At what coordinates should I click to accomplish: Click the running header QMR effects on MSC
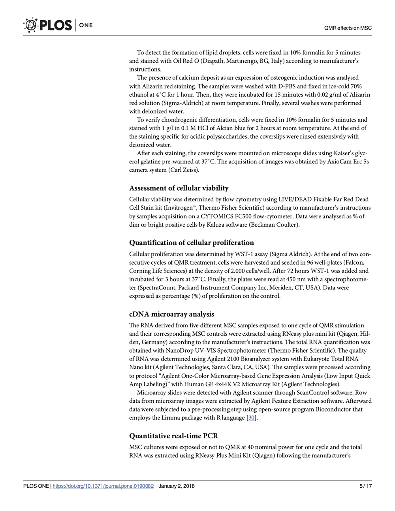[348, 28]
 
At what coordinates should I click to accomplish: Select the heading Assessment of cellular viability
[179, 188]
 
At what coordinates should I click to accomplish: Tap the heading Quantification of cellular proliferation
[192, 242]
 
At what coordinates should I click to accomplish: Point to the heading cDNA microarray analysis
[172, 314]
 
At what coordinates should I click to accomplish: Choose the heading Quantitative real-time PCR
[173, 436]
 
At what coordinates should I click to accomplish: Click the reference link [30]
[251, 418]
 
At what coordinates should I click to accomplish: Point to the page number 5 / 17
[366, 486]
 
